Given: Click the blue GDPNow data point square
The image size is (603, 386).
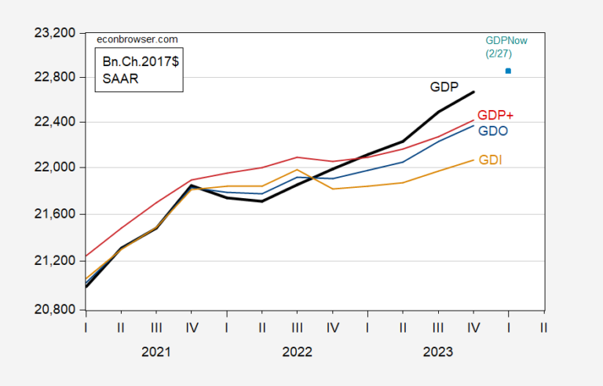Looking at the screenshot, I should tap(508, 71).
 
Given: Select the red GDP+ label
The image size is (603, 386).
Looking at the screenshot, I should tap(495, 116).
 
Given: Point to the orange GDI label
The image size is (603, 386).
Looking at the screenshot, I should tap(490, 160).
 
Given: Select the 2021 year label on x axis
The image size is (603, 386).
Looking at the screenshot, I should tap(155, 352).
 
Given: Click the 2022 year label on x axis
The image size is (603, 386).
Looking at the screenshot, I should tap(296, 352).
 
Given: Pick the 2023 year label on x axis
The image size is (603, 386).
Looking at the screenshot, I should tap(437, 352).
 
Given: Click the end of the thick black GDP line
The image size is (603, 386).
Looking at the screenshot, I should tap(473, 92).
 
